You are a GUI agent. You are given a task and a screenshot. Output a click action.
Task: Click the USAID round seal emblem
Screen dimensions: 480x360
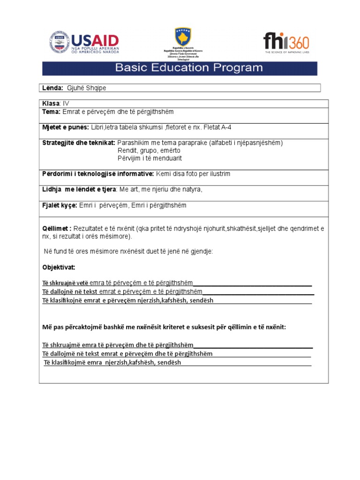point(59,42)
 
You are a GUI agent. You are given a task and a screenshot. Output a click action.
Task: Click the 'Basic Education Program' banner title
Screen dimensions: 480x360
point(189,67)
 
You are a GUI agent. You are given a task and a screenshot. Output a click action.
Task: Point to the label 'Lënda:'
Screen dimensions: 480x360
point(52,88)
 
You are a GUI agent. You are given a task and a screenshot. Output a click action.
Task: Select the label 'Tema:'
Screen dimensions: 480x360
point(51,112)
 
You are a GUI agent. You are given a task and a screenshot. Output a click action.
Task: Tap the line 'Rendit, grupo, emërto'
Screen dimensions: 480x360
point(149,151)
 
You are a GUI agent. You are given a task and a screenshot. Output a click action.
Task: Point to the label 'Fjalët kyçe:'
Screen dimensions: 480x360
point(59,206)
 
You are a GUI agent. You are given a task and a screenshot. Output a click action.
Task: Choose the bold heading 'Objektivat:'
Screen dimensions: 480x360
point(59,267)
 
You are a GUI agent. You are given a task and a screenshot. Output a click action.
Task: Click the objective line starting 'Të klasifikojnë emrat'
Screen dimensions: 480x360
point(127,300)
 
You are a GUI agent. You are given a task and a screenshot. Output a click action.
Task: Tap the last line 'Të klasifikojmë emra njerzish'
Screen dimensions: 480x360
point(112,363)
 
